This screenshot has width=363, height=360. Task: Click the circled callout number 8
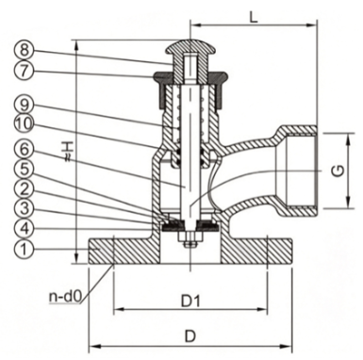[x=25, y=50]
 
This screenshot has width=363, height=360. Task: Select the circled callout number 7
[x=25, y=71]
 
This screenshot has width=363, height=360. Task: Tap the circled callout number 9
[x=25, y=105]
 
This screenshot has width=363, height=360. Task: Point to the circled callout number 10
[x=25, y=124]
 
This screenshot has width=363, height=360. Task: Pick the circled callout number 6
[x=25, y=149]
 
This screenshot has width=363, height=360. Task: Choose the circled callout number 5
[x=25, y=169]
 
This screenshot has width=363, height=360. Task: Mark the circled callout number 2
[x=25, y=188]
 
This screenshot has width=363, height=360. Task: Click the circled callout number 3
[x=25, y=208]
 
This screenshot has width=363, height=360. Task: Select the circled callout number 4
[x=25, y=228]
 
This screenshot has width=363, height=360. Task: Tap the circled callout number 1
[x=25, y=249]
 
